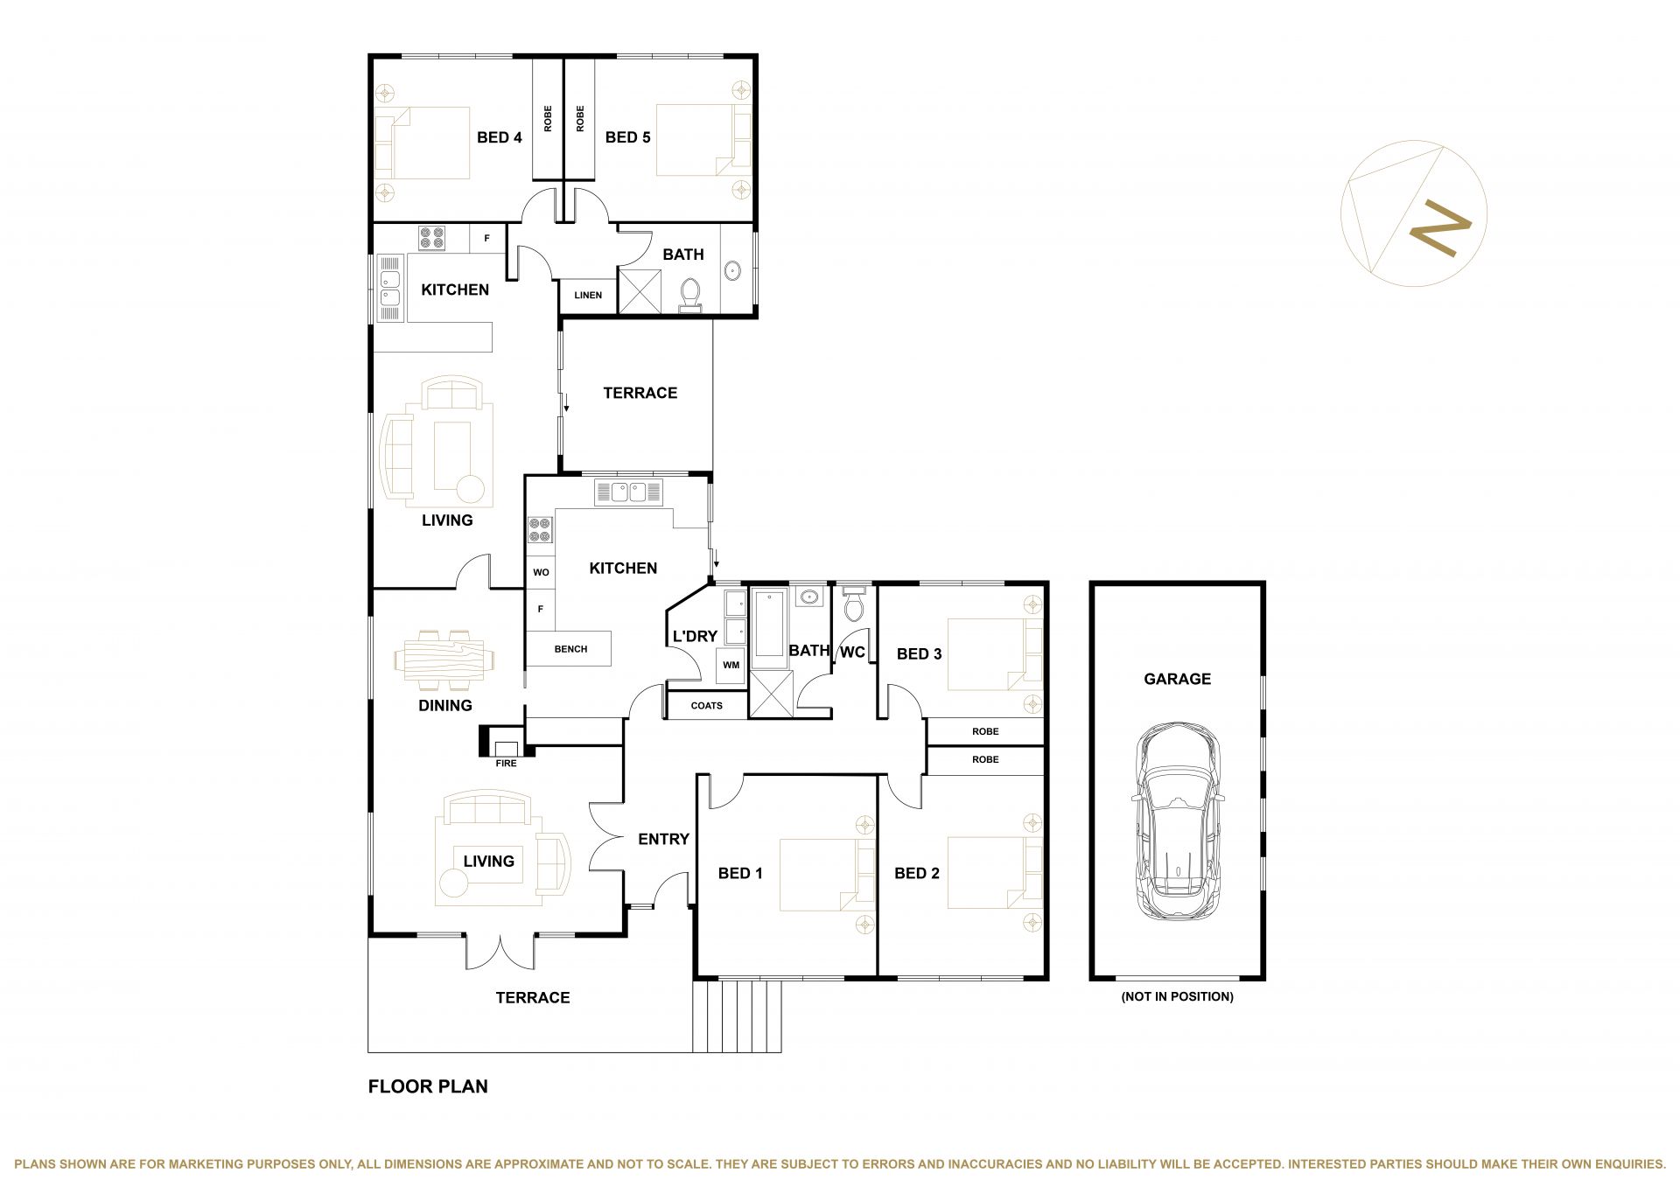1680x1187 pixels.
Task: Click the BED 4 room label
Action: point(500,137)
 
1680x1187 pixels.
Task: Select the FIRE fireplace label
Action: point(506,764)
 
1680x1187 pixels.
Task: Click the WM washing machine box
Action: point(731,665)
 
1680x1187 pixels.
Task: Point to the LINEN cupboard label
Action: point(588,295)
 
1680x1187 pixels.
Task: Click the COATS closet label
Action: point(707,705)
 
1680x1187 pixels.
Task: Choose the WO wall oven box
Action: point(541,572)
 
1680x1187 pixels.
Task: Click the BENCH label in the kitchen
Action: point(570,649)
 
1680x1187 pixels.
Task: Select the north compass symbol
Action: point(1413,213)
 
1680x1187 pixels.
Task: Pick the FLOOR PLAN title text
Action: point(428,1086)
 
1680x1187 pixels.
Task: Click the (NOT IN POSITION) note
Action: point(1177,996)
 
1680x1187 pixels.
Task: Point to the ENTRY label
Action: point(663,839)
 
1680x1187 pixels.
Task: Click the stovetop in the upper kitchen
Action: point(431,239)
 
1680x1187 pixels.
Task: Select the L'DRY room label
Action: point(695,636)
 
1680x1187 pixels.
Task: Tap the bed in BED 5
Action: point(703,141)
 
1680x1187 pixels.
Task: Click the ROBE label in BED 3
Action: point(985,731)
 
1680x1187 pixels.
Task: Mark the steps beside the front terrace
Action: point(737,1016)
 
